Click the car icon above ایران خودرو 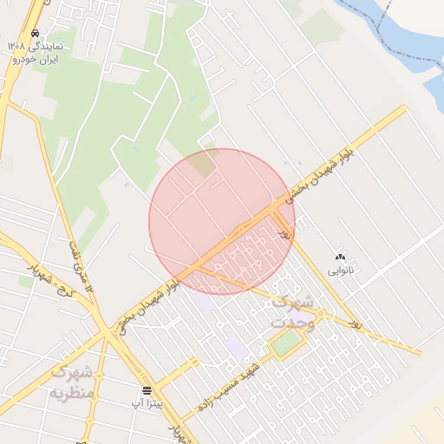point(35,34)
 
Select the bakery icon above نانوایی point(340,257)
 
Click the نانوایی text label point(341,271)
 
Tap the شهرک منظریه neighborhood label point(72,382)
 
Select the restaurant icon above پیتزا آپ point(147,389)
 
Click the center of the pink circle point(222,222)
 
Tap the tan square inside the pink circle point(204,162)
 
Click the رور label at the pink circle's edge point(283,232)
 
